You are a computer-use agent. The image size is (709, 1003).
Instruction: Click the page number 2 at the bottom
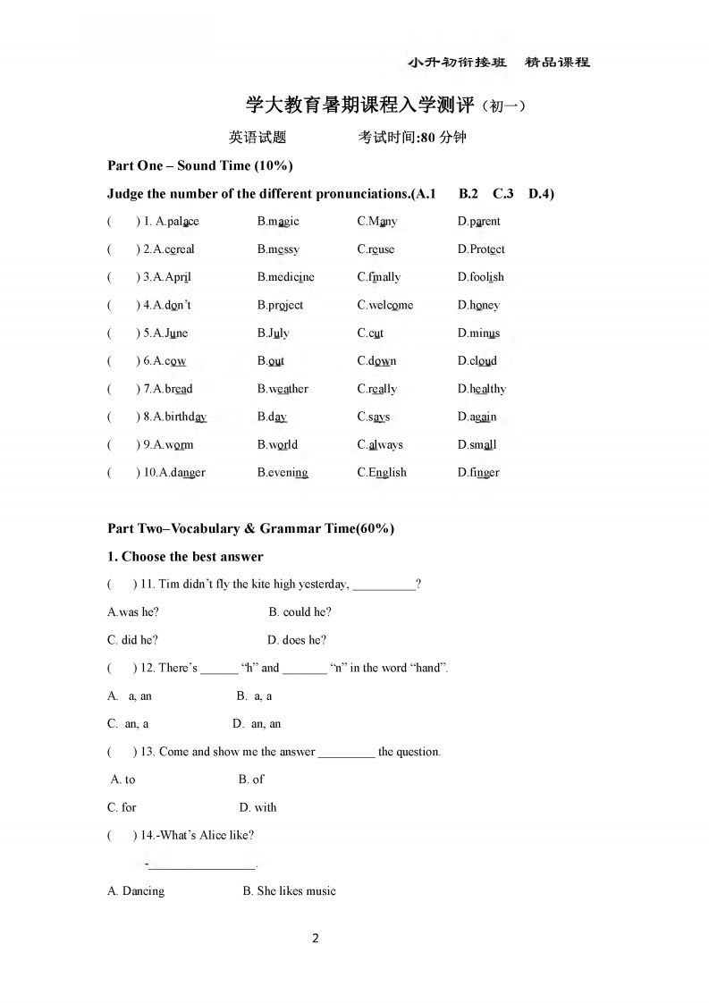click(315, 939)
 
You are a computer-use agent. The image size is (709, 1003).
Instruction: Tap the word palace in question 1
click(183, 222)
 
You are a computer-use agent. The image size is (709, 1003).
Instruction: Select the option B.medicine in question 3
click(285, 277)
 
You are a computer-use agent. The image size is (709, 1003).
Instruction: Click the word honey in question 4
click(485, 305)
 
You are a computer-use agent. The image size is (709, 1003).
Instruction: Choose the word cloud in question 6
click(483, 361)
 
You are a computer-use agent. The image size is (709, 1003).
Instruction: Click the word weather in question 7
click(288, 389)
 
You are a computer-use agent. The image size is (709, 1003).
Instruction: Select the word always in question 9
click(385, 444)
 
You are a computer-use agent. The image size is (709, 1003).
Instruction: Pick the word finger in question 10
click(485, 473)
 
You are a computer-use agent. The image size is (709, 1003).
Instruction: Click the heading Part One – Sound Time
click(199, 165)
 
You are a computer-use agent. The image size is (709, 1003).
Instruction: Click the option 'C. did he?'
click(132, 640)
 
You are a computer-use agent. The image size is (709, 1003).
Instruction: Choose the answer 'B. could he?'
click(300, 612)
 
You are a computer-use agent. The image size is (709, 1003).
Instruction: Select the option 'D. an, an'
click(257, 724)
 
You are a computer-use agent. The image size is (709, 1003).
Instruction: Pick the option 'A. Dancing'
click(136, 891)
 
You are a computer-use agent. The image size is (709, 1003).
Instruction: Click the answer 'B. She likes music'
click(290, 891)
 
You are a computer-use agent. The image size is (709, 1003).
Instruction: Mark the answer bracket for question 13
click(122, 752)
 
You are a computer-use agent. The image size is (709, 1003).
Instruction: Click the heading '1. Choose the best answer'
click(185, 557)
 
